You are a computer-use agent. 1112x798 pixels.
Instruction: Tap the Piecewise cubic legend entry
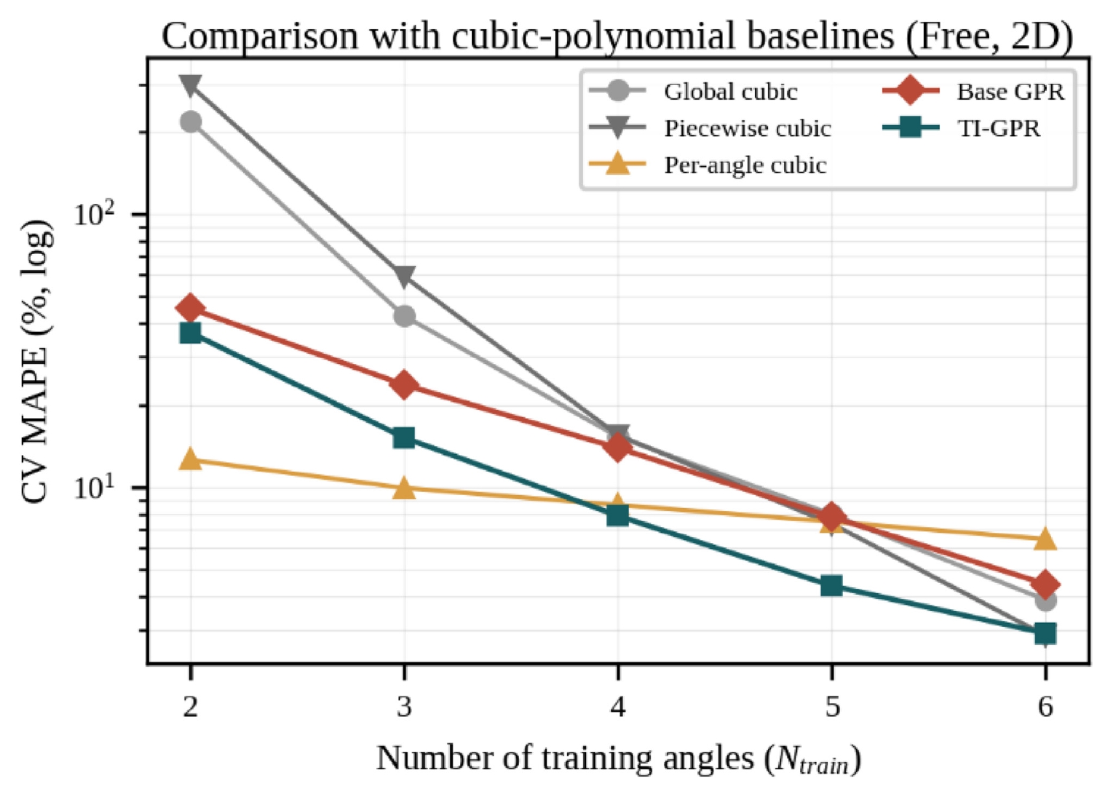[710, 129]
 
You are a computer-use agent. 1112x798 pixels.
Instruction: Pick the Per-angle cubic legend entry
[708, 165]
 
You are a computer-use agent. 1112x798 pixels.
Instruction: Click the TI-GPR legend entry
[961, 129]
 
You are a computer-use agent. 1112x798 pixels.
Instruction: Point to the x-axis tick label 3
[404, 706]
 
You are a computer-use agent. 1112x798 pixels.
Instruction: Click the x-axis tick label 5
[832, 706]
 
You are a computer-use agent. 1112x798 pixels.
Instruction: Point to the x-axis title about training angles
[618, 759]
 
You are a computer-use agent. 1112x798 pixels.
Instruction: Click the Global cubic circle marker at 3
[405, 316]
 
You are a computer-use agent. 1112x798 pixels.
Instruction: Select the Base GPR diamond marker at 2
[190, 308]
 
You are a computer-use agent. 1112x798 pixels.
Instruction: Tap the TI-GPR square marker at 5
[832, 586]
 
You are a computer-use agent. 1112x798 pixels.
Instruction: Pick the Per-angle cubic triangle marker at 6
[1046, 539]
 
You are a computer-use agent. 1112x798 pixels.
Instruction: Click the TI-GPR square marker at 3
[404, 438]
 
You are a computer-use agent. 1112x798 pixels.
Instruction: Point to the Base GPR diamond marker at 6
[1046, 584]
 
